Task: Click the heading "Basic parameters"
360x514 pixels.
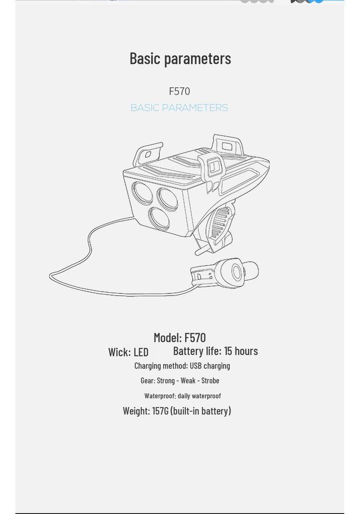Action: click(x=180, y=59)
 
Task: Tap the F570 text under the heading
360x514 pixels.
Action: click(x=179, y=91)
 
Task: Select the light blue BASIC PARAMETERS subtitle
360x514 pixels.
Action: click(x=179, y=107)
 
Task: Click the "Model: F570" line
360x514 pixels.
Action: click(x=180, y=337)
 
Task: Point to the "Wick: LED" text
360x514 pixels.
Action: click(x=128, y=352)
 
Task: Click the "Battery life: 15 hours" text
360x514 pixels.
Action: click(x=215, y=351)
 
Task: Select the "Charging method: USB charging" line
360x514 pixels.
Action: click(x=182, y=366)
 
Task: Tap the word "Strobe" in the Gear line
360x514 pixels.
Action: click(x=210, y=380)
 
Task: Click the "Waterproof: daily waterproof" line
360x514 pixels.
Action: click(x=183, y=396)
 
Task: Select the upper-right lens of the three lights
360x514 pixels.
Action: click(x=168, y=199)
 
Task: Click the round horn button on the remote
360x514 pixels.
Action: click(x=236, y=272)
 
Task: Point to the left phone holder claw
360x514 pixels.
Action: click(x=147, y=154)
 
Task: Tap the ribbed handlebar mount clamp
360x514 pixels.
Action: click(x=220, y=223)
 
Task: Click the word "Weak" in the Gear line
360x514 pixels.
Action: click(x=188, y=380)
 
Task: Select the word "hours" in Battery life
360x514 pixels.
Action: click(x=246, y=351)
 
